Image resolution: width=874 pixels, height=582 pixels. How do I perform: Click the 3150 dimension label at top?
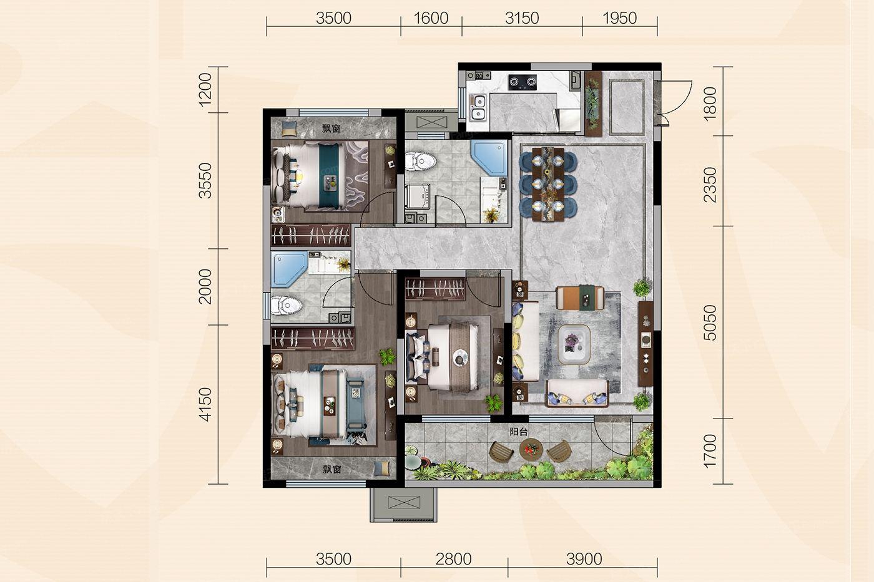[522, 18]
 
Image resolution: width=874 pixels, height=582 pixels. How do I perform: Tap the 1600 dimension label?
[431, 18]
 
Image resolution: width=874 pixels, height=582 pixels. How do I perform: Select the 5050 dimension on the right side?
[710, 323]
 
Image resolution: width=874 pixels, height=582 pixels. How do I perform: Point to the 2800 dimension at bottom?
[453, 560]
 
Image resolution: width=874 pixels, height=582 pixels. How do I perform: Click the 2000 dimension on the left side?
[205, 286]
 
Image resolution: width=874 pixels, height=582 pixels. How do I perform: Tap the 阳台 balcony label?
[519, 432]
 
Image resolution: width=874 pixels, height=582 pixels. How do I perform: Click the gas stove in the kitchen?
[523, 82]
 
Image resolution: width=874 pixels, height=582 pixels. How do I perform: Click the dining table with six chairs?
[548, 184]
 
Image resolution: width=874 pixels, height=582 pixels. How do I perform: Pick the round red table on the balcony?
[531, 450]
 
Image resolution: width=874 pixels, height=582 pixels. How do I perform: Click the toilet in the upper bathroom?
[420, 161]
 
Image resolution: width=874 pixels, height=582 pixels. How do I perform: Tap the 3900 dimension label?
[584, 560]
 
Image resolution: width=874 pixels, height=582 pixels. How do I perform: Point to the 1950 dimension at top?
[619, 18]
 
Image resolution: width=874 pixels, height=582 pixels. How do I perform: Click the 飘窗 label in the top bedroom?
[331, 129]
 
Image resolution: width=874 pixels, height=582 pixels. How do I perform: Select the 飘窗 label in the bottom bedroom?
[332, 469]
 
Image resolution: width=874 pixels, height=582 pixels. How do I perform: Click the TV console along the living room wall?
[646, 344]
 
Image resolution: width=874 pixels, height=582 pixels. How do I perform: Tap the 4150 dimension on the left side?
[205, 405]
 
